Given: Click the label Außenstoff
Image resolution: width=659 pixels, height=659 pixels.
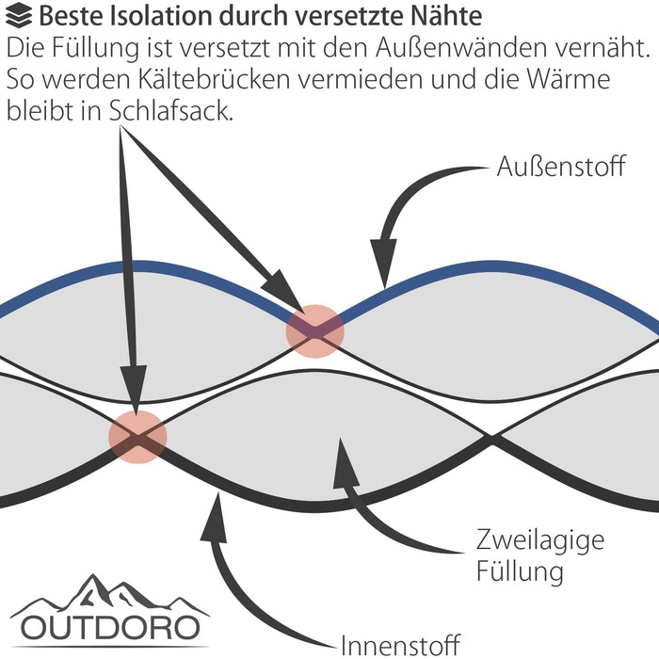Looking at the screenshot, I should (560, 169).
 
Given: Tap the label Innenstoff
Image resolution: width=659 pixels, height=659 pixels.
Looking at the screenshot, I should (399, 645).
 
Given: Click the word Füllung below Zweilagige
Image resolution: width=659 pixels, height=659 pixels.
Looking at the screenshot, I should (520, 571).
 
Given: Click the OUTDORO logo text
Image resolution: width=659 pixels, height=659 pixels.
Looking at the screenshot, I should (111, 627).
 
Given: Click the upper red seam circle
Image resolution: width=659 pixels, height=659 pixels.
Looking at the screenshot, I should (315, 329).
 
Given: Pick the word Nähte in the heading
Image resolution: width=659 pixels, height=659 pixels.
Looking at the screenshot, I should (451, 15).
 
